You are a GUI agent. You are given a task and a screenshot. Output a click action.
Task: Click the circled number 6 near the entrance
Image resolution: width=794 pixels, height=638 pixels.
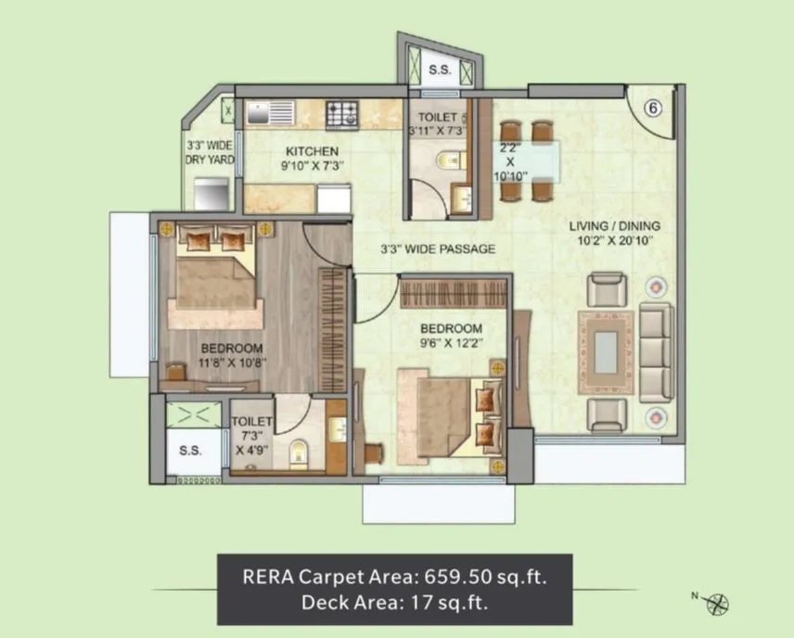point(652,108)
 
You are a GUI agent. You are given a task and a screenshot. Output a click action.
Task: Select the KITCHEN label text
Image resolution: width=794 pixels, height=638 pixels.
point(312,151)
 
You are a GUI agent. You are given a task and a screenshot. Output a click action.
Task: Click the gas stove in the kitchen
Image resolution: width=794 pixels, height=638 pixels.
point(342,114)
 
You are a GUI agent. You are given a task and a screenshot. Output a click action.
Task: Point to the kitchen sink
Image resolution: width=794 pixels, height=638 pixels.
point(269,114)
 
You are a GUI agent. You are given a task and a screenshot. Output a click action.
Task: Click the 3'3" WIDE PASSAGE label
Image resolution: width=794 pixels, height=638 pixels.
point(438,249)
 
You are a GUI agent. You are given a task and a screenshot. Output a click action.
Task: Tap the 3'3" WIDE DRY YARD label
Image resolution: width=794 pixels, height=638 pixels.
point(209,152)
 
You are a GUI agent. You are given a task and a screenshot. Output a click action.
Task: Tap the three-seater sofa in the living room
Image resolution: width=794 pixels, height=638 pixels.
point(655,351)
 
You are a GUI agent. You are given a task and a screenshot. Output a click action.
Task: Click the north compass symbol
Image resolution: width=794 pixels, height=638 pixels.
point(717,604)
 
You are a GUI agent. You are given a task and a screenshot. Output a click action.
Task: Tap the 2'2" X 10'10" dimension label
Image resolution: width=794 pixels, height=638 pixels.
point(509,160)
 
